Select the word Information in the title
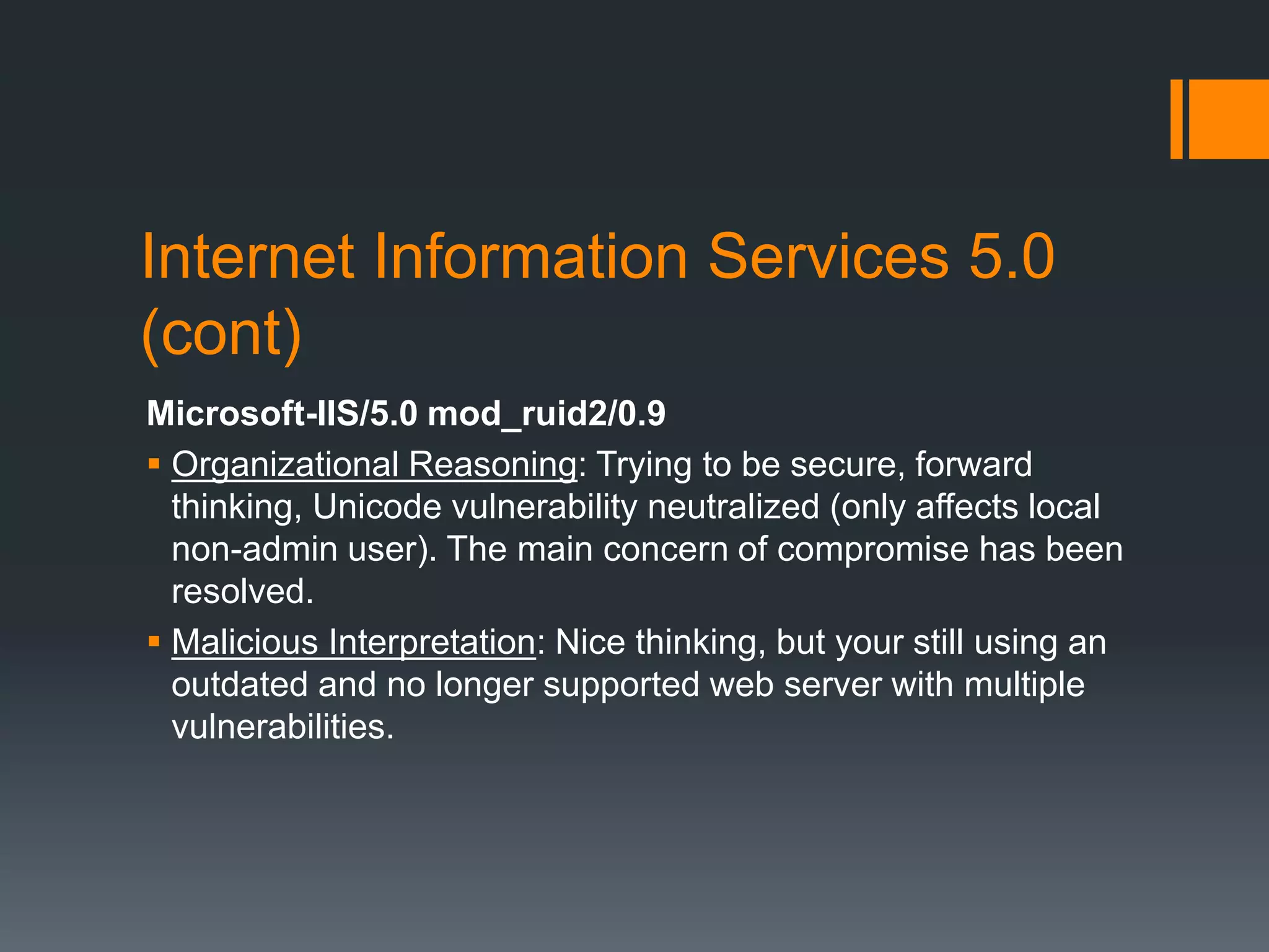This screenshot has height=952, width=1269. [530, 257]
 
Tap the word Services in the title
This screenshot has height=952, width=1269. [828, 257]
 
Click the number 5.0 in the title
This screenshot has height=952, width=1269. [1012, 257]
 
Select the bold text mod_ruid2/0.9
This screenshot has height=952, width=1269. [547, 413]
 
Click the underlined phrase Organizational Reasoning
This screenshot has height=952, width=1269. [374, 464]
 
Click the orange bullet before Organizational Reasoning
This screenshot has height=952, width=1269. [154, 463]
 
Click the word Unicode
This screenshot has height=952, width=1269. [377, 507]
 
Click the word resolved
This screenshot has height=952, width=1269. [242, 591]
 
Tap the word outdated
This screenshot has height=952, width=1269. [239, 684]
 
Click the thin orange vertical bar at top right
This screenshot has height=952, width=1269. [1176, 119]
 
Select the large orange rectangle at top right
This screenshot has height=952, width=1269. [1229, 119]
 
